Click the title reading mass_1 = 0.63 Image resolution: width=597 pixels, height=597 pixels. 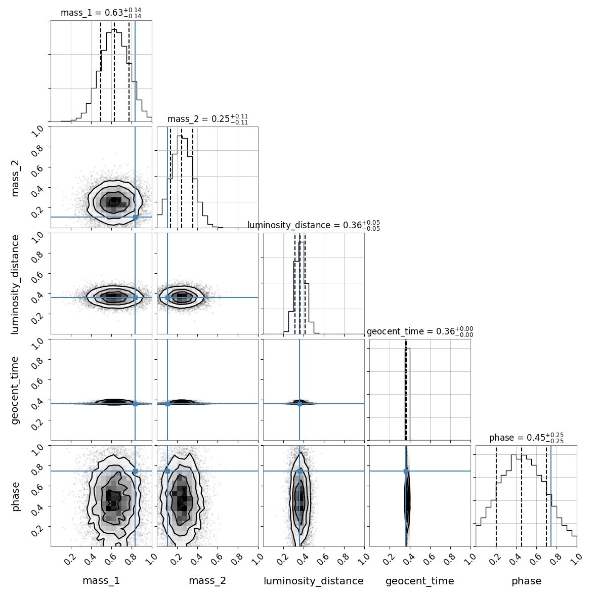coord(101,13)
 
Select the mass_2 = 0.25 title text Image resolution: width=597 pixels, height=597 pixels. coord(207,119)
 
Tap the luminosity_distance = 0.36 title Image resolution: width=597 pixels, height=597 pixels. coord(314,225)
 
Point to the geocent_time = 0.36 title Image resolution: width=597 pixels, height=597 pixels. coord(420,331)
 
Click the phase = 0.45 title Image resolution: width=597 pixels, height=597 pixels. coord(526,438)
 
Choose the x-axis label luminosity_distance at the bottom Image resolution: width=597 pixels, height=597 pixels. coord(314,581)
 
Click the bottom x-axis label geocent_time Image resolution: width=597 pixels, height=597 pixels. coord(420,581)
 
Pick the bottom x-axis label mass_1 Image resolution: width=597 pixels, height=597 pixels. coord(101,581)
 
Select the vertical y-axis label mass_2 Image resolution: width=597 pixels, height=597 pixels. coord(15,177)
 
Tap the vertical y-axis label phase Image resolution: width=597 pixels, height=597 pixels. coord(15,496)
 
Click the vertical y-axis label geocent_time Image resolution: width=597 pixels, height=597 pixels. coord(15,390)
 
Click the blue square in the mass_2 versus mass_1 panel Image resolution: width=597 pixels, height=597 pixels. coord(135,218)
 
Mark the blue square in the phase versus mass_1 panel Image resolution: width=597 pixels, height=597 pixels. coord(135,471)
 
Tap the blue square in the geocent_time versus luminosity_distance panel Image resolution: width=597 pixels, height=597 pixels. coord(300,403)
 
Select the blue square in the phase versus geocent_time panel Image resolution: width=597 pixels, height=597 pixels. coord(406,471)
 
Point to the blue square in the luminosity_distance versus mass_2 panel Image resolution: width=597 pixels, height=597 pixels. coord(167,297)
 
